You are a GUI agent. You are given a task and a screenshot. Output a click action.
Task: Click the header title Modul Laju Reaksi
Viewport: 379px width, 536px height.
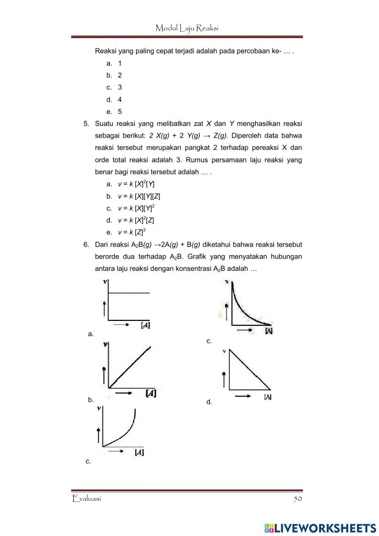(x=187, y=28)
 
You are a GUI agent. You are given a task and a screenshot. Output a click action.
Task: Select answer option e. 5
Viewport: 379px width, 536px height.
(x=114, y=112)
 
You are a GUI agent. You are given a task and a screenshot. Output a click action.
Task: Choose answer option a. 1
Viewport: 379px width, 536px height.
(x=114, y=63)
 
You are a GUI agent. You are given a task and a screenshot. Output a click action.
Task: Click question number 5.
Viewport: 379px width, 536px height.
(x=86, y=124)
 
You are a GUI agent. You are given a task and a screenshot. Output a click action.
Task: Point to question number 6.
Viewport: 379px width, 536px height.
(x=86, y=245)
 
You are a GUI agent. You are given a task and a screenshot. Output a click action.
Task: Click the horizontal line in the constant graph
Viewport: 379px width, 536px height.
(x=129, y=293)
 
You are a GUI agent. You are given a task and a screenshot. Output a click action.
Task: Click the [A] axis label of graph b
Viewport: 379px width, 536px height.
(x=151, y=393)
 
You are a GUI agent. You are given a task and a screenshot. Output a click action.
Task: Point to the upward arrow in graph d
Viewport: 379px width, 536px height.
(x=224, y=379)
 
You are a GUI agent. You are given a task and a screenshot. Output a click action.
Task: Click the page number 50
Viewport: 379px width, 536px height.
(x=298, y=498)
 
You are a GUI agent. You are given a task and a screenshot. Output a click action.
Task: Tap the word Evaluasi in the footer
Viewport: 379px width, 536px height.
(x=87, y=498)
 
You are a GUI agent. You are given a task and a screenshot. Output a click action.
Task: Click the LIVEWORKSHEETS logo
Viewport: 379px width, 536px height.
(x=320, y=528)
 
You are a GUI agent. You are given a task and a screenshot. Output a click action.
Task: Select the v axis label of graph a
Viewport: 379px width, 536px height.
(x=105, y=281)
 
